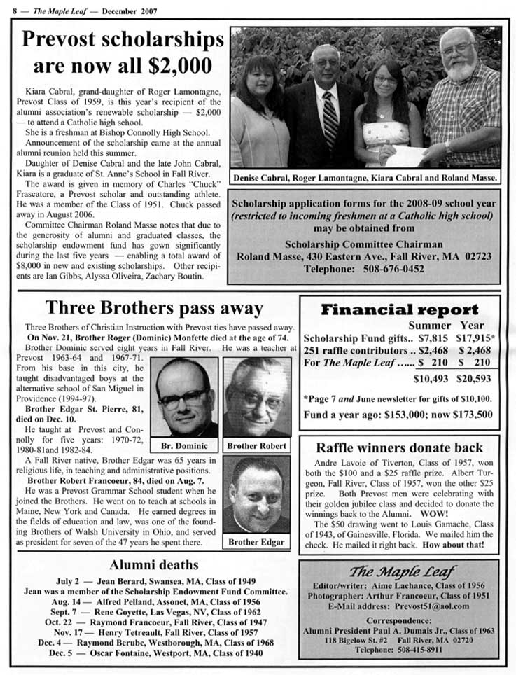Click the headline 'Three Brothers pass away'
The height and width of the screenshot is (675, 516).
[154, 309]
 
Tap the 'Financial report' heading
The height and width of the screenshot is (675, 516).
[399, 309]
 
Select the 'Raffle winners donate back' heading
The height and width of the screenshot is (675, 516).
[399, 447]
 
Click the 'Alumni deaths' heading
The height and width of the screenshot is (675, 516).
[154, 565]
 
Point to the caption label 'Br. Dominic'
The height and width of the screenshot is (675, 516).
[184, 445]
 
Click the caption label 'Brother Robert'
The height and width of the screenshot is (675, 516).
[257, 445]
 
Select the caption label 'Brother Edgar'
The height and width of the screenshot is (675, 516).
[256, 541]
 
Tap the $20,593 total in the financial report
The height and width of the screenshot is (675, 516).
[475, 379]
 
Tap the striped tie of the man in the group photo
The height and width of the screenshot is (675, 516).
[330, 119]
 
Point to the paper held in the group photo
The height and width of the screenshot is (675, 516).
[406, 155]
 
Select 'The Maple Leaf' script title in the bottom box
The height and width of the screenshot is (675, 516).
[400, 571]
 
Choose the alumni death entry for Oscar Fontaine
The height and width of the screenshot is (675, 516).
[156, 653]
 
